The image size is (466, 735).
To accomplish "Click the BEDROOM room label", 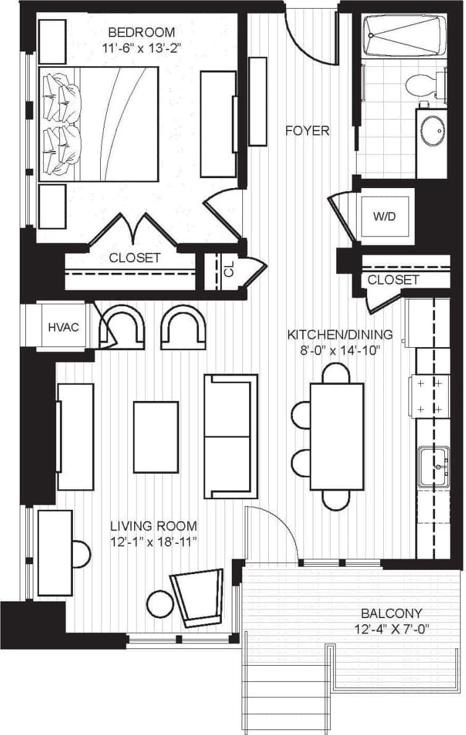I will tap(142, 32).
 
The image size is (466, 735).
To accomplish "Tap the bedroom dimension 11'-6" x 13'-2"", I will tap(142, 47).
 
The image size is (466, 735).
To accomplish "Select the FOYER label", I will tap(307, 131).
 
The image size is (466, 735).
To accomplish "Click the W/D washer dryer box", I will tap(386, 218).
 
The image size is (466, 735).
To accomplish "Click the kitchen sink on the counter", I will tap(434, 467).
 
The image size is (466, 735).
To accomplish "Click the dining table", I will tap(337, 436).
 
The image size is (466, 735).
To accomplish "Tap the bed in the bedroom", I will tap(99, 124).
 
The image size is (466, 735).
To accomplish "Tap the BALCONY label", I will tap(391, 614).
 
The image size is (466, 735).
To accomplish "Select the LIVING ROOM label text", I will tap(153, 527).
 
